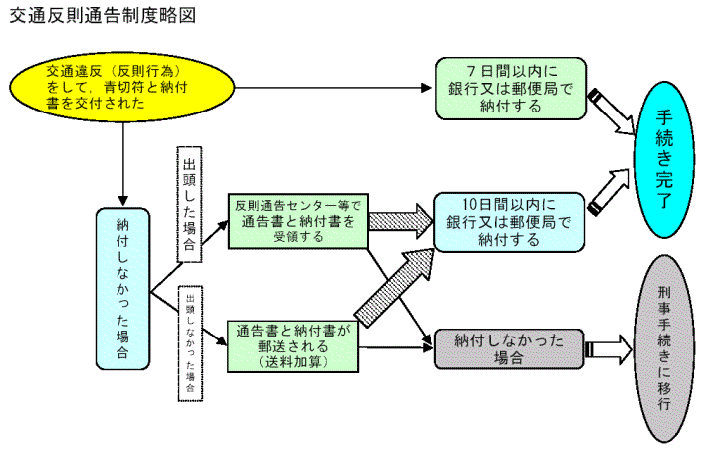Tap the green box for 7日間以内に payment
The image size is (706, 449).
[509, 87]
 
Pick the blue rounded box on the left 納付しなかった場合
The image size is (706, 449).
[123, 289]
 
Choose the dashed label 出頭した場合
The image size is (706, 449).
[189, 205]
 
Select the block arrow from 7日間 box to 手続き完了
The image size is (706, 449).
[613, 113]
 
